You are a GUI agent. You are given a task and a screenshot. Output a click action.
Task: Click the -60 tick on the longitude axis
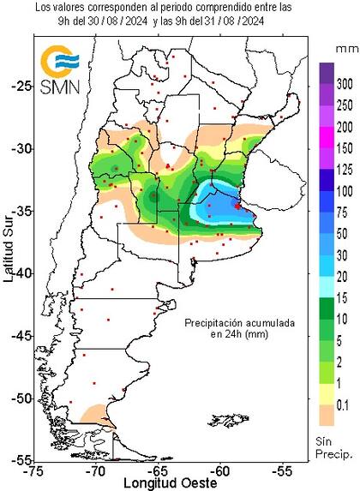point(220,471)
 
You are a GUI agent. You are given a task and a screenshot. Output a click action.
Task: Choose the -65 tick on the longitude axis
point(159,471)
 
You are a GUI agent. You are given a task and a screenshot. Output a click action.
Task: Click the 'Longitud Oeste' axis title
point(159,484)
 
